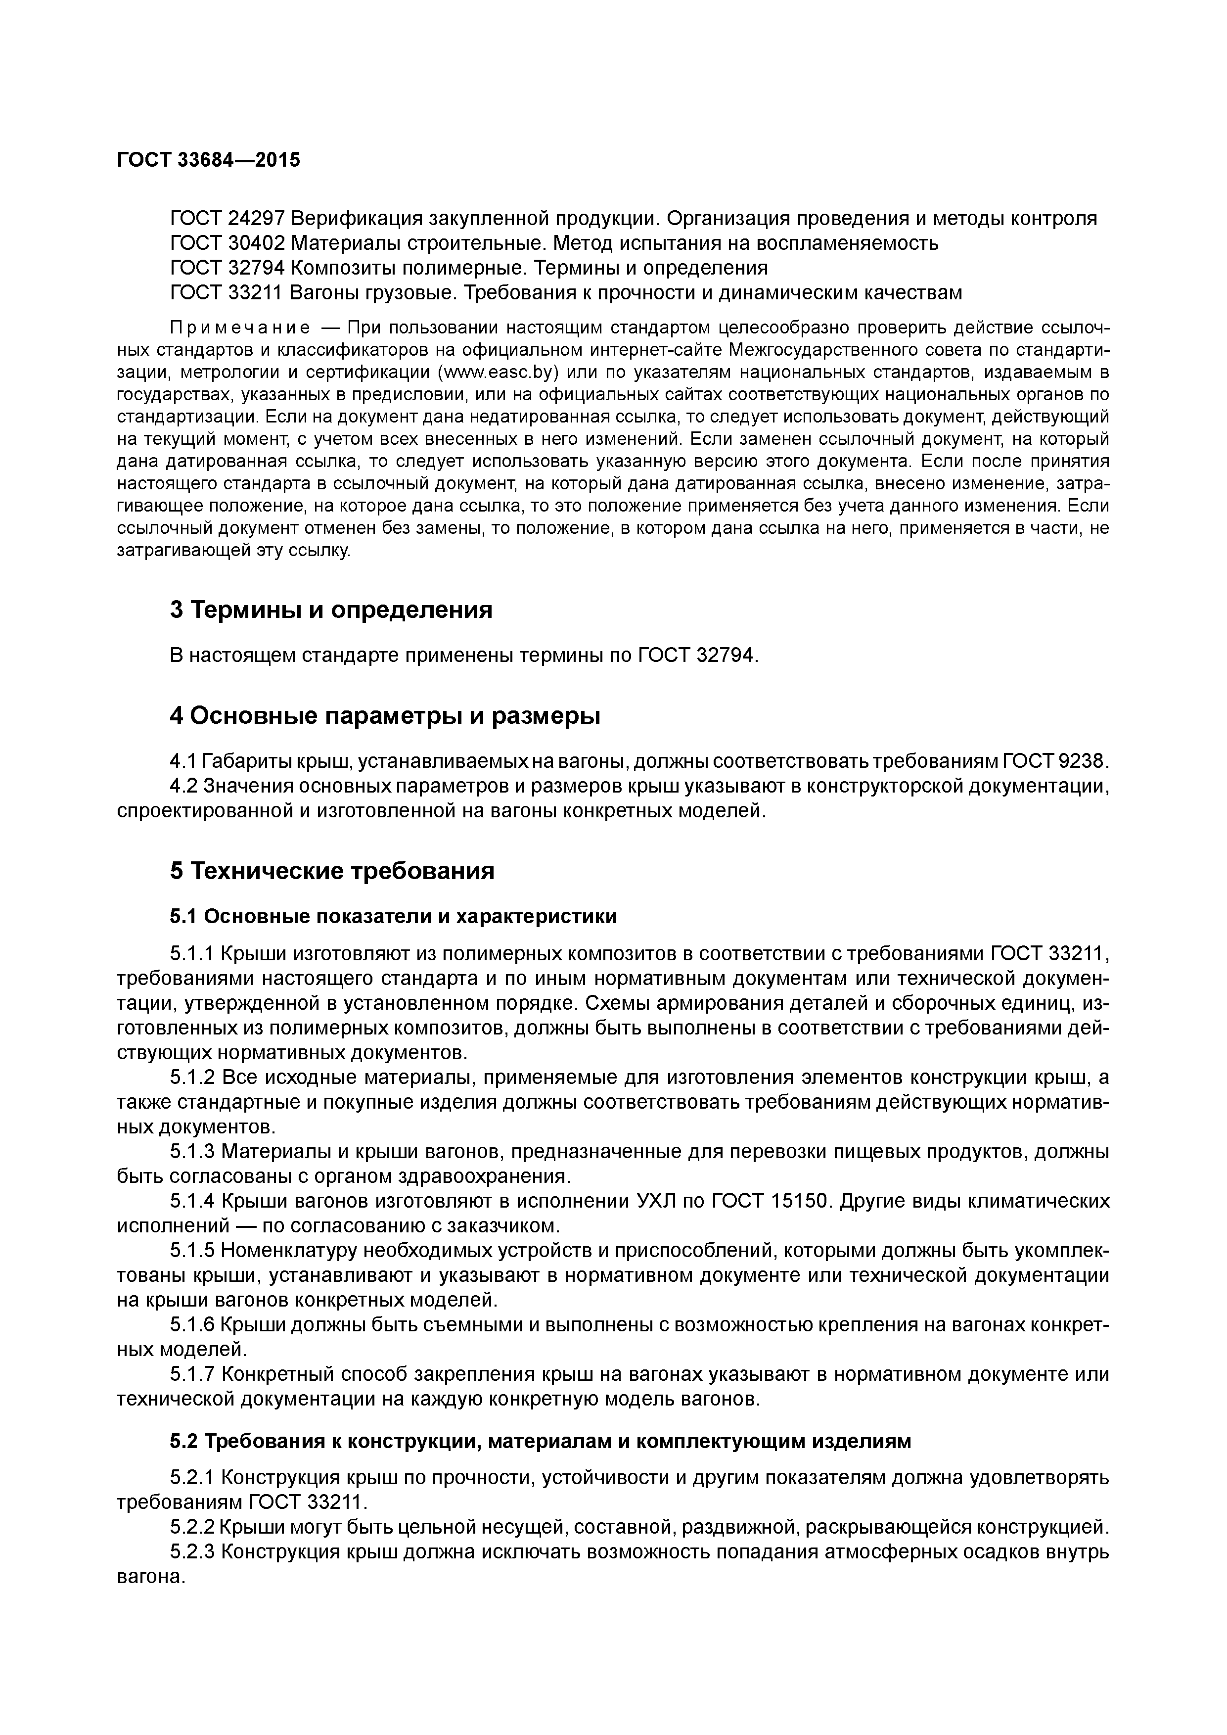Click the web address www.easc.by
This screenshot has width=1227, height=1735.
(x=499, y=373)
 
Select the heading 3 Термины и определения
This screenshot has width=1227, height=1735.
(x=331, y=610)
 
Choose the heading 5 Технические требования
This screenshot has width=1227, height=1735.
(x=332, y=871)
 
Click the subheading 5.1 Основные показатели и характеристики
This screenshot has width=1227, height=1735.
(x=393, y=917)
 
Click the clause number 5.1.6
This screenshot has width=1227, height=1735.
(x=193, y=1325)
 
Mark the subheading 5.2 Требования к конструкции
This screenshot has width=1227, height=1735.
(x=540, y=1442)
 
